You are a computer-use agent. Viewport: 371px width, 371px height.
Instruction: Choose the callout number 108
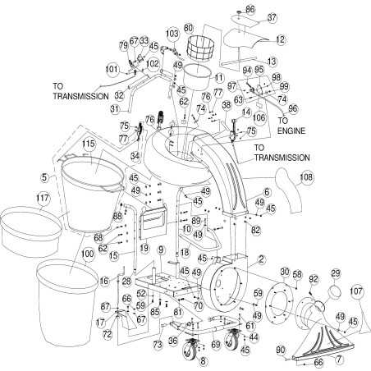point(306,175)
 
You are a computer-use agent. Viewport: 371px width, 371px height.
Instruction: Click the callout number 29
point(335,273)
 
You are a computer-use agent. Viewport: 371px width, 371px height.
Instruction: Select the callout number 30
point(285,273)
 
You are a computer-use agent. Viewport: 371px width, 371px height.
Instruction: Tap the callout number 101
point(112,69)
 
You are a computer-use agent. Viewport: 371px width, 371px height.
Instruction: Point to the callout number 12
point(280,39)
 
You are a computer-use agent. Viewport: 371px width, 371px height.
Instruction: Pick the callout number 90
point(281,349)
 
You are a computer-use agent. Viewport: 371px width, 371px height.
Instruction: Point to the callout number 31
point(115,108)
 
